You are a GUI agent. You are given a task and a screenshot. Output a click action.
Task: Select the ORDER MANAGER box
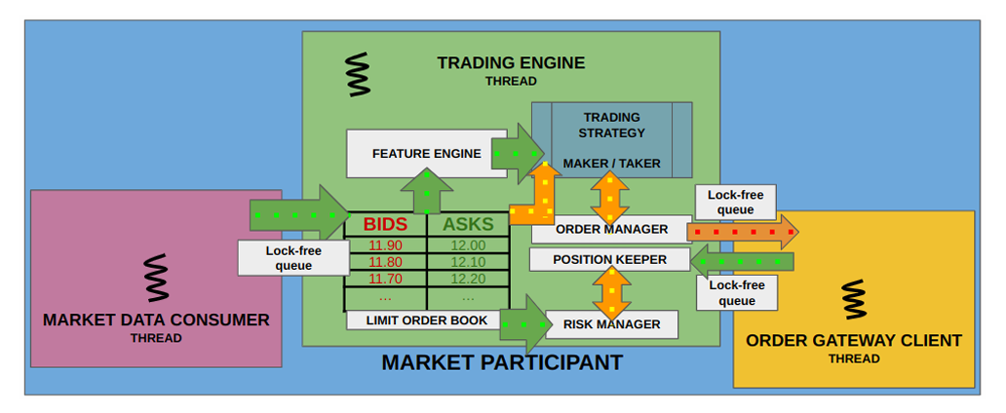611,230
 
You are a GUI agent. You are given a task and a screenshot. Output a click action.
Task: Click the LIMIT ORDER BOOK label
426,320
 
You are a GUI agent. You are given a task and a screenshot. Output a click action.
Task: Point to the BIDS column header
385,225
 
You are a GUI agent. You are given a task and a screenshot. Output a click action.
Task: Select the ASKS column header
468,225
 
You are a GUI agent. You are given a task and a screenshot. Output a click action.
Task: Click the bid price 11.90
385,245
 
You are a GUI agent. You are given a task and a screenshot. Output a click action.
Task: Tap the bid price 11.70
385,279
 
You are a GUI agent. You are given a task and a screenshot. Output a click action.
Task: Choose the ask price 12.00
468,245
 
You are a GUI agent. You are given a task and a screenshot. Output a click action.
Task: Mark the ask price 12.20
468,279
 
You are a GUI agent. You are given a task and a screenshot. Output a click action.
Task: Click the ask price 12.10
468,262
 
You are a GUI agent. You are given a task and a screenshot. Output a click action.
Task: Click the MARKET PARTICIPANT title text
502,363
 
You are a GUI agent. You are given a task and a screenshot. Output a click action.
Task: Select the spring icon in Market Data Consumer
155,278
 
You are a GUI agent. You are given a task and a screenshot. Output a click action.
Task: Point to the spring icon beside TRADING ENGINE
359,74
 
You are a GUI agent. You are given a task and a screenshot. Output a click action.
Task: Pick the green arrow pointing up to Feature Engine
427,191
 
